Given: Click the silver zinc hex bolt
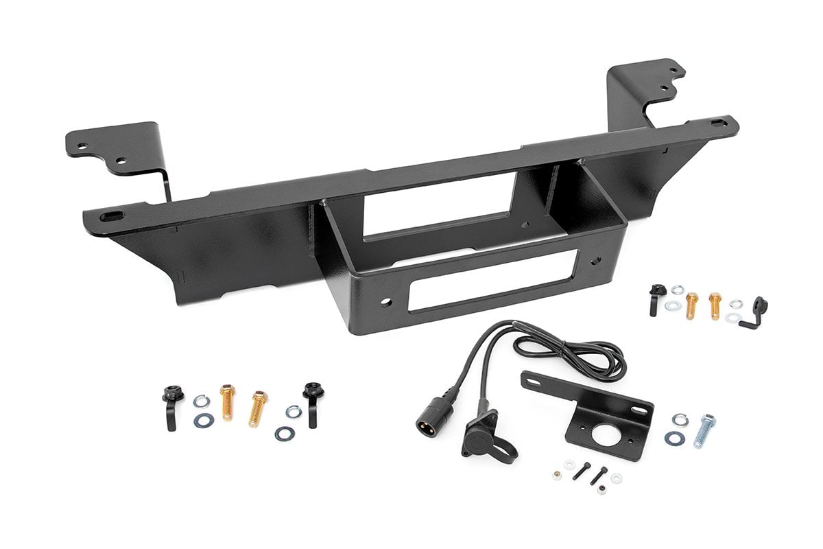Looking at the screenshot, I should pyautogui.click(x=704, y=430).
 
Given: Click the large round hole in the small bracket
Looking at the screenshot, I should pyautogui.click(x=609, y=435).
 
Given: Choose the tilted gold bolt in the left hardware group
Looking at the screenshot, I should pyautogui.click(x=259, y=408).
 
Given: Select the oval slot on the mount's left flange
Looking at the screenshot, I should pyautogui.click(x=110, y=218).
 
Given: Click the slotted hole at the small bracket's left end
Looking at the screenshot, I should pyautogui.click(x=537, y=378).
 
